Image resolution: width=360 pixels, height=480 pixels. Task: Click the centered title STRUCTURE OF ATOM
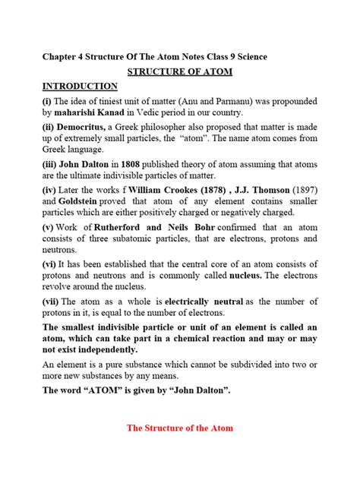180,72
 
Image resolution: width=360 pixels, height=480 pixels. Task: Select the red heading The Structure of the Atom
180,428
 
